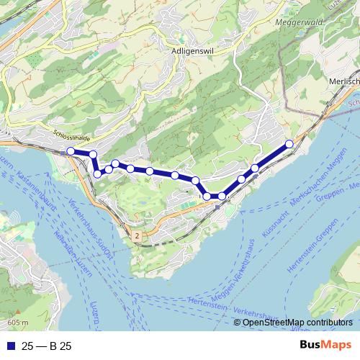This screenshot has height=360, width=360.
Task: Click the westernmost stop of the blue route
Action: point(71,150)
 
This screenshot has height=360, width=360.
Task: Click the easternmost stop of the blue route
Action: point(289,144)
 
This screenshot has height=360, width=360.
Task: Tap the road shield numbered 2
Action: point(137,235)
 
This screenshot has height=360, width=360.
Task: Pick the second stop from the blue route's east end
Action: point(255,168)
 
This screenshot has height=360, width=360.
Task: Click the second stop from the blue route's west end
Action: point(92,154)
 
